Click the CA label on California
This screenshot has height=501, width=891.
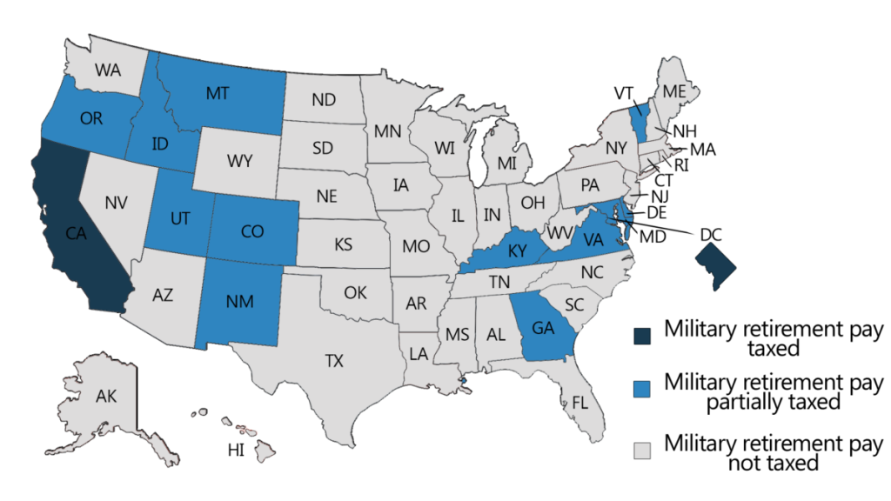(x=77, y=233)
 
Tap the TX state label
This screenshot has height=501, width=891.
(x=335, y=361)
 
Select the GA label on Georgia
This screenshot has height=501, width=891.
(x=543, y=328)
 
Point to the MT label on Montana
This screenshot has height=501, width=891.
(x=218, y=93)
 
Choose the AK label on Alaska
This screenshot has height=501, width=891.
(x=106, y=397)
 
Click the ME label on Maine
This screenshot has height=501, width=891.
(x=673, y=91)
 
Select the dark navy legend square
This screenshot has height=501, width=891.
(x=642, y=336)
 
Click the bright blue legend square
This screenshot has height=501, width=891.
(x=642, y=389)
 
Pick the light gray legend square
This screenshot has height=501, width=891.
(x=642, y=450)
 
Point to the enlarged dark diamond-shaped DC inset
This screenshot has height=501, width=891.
(x=716, y=264)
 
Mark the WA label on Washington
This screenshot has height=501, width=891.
(x=108, y=70)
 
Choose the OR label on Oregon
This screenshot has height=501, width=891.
(x=91, y=119)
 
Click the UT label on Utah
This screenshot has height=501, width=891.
(x=179, y=219)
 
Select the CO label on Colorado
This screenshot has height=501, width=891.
(x=251, y=231)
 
